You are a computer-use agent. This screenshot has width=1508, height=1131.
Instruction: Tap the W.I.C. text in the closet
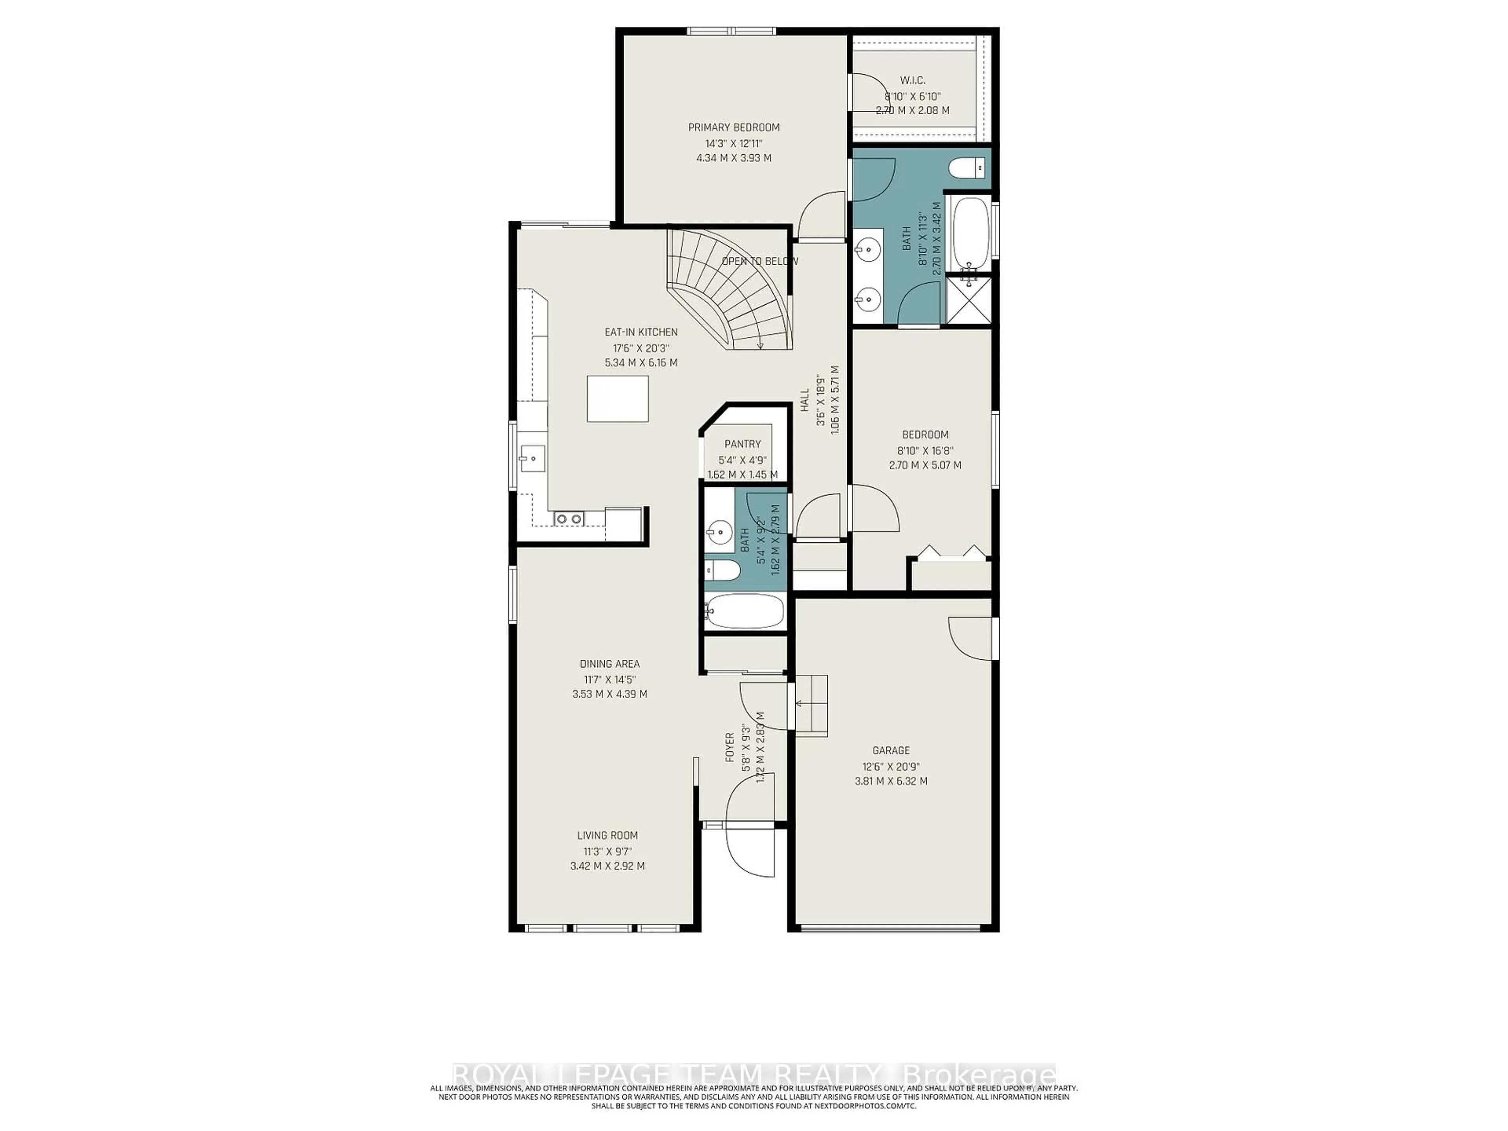(x=912, y=81)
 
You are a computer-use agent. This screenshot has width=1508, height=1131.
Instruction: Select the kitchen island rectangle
(x=618, y=399)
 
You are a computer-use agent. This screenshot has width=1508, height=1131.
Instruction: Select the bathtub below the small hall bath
(x=745, y=611)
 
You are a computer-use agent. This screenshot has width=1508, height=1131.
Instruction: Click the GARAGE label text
(x=890, y=750)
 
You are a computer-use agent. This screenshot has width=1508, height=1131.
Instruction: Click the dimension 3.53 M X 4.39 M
(x=609, y=694)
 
